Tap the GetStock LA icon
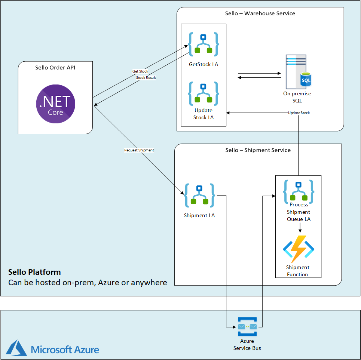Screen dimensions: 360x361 pos(203,44)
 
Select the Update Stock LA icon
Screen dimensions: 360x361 pos(203,93)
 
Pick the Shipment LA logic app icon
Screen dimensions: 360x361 pos(199,196)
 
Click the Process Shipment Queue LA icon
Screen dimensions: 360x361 pos(299,191)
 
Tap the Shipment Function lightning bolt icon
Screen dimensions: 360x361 pos(298,249)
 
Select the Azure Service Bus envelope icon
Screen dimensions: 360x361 pos(247,326)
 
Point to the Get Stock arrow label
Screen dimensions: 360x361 pos(140,71)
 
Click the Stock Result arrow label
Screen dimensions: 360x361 pos(146,78)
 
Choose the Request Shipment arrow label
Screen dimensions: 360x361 pos(139,150)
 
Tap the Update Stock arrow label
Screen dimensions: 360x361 pos(299,113)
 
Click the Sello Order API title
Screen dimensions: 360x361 pos(55,68)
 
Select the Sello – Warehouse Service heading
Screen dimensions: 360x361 pos(260,13)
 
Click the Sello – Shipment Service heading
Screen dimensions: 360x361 pos(258,150)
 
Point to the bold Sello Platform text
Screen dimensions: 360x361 pos(34,272)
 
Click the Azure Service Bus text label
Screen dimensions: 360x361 pos(247,344)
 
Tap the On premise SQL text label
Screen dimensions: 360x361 pos(297,97)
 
